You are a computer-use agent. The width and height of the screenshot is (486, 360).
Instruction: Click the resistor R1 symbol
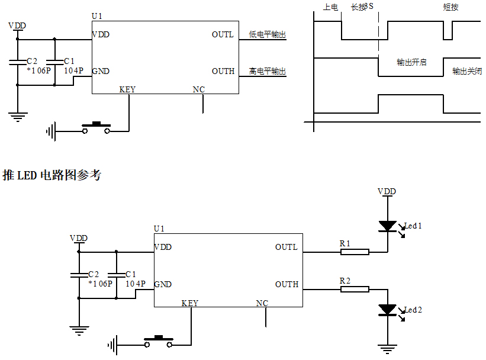355,252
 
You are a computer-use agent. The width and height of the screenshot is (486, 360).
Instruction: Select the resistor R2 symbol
355,289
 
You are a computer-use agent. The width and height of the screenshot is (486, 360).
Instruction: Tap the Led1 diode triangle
387,226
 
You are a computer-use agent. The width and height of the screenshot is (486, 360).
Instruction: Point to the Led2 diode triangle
387,310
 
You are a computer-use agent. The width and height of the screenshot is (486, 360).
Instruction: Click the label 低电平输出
268,35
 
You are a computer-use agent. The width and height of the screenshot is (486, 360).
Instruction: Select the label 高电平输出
268,72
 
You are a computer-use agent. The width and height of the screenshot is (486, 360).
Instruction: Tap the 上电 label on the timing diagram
330,8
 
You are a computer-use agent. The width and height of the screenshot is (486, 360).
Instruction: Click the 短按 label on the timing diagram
451,8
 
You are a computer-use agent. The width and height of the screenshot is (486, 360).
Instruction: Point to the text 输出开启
411,62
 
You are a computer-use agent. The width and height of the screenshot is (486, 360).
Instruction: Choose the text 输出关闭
467,71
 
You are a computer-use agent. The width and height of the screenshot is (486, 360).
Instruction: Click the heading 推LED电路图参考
52,175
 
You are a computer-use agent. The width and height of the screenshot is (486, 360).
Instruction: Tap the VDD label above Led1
387,191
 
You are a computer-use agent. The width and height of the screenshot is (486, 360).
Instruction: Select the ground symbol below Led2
387,350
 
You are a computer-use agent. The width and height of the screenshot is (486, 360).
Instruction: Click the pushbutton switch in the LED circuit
159,342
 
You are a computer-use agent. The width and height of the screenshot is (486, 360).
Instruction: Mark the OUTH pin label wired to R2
287,284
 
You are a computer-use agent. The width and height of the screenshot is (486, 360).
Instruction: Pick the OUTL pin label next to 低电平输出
223,35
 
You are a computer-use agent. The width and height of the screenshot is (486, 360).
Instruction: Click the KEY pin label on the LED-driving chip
190,303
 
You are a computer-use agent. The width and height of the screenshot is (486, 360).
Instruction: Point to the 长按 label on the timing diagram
359,8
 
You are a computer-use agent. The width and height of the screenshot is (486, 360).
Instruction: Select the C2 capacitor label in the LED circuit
94,274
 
